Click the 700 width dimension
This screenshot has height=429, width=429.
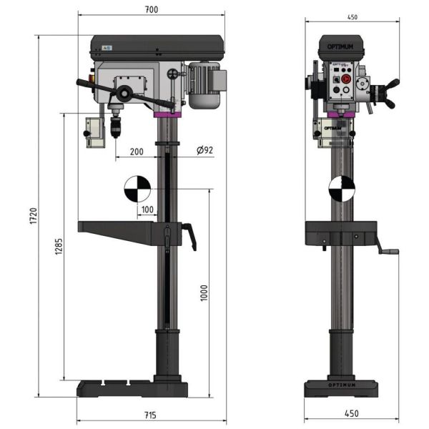click(150, 9)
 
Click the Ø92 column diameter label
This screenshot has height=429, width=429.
click(204, 151)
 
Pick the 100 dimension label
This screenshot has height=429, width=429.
click(147, 209)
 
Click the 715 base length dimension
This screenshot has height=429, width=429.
click(150, 415)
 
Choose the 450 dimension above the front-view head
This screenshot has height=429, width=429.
click(352, 18)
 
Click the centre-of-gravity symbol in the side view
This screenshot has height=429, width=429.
click(137, 189)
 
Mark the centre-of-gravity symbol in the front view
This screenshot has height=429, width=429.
click(342, 189)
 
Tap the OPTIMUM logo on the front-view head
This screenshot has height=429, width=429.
click(341, 48)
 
